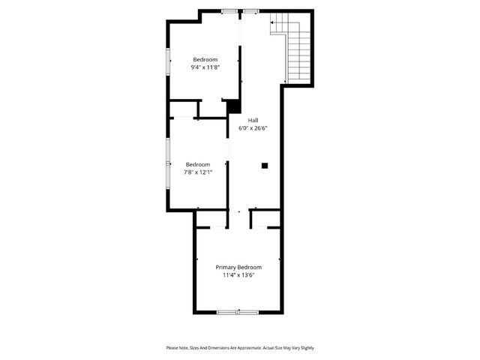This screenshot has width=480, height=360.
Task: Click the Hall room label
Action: click(253, 121)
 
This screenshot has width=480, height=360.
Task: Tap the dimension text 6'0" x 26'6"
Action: click(253, 127)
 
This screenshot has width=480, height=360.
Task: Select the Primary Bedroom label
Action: click(238, 268)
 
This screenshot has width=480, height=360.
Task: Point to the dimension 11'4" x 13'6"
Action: click(238, 275)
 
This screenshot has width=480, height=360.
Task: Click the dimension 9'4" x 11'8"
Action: click(205, 67)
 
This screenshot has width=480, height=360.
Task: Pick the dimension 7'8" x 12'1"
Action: click(198, 172)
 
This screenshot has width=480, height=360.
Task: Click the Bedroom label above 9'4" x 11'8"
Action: click(205, 60)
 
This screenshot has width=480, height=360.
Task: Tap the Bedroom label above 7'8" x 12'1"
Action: click(198, 164)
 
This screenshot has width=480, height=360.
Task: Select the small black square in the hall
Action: click(265, 165)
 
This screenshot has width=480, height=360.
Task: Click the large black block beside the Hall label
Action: click(233, 107)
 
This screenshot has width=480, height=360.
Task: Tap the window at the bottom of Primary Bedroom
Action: click(238, 311)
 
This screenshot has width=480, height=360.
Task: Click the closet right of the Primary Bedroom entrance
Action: click(265, 219)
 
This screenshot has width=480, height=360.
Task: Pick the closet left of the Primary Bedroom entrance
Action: click(211, 219)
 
